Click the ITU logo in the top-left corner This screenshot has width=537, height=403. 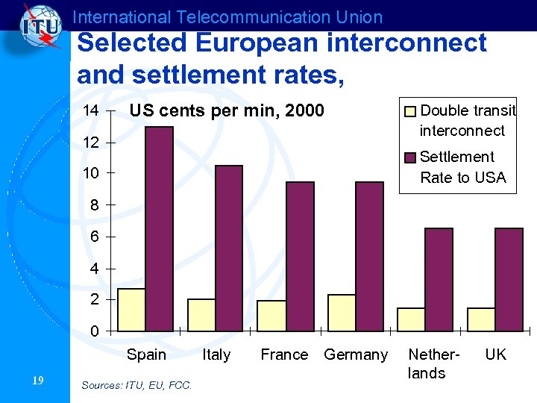[38, 28]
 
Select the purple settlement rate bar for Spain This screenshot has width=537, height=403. [160, 228]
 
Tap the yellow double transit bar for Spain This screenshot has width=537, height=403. [132, 309]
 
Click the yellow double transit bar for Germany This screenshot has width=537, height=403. [342, 312]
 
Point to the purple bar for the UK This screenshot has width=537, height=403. [509, 279]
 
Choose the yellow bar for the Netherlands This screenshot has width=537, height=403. [411, 319]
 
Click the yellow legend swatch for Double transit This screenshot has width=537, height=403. [410, 112]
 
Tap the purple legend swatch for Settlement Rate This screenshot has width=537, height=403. [410, 157]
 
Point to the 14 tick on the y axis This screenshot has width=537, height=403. [90, 111]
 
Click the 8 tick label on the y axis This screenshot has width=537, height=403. [90, 205]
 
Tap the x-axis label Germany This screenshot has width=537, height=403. [356, 354]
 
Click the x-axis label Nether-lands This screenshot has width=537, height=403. [427, 363]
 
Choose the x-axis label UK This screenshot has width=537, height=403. [495, 354]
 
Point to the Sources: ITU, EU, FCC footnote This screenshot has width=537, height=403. [136, 385]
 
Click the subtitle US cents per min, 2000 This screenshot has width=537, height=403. [227, 111]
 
